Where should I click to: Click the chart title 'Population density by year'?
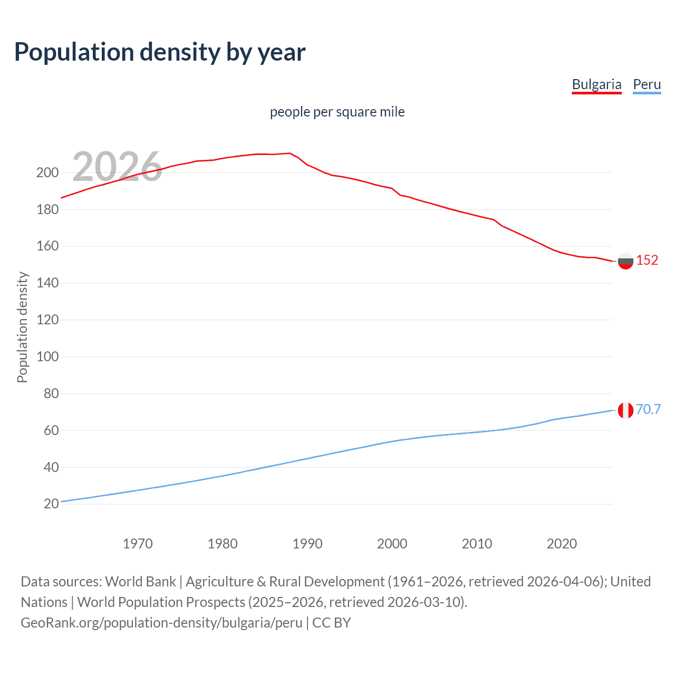160,52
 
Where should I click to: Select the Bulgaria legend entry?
596,84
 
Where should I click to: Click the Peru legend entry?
647,84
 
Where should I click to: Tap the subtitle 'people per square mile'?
337,112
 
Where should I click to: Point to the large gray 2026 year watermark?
117,167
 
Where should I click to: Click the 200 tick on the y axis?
47,172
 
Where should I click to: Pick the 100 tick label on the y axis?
47,356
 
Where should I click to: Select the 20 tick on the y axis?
51,504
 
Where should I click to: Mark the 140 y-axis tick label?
47,283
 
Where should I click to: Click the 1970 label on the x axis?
138,544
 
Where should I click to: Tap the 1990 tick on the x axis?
307,544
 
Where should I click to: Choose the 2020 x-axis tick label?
562,544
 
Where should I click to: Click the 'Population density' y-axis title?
22,327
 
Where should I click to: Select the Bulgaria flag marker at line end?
625,261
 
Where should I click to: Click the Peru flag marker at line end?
625,410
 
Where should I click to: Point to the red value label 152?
647,260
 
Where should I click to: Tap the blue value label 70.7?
648,409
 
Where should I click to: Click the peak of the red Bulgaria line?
290,153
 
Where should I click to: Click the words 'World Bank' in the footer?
140,581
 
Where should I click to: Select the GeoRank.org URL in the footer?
161,622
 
